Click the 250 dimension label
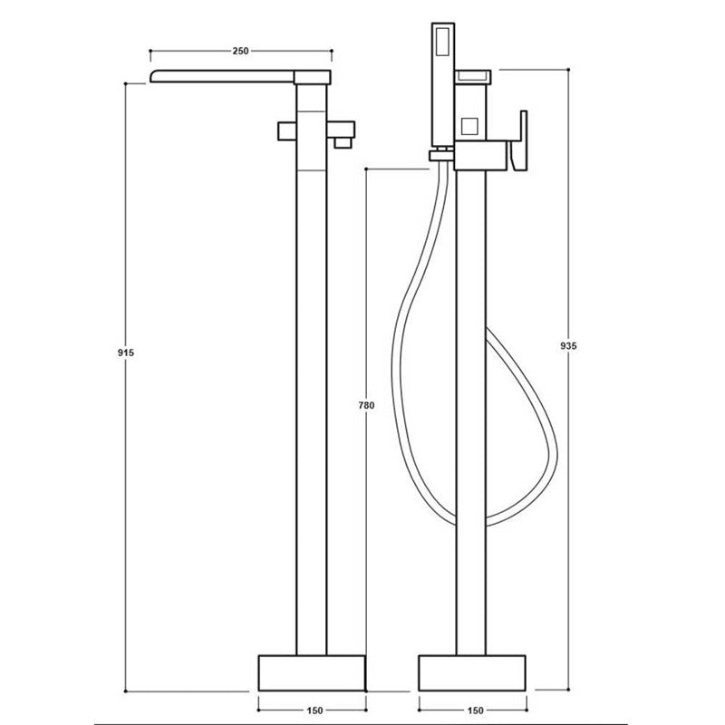[240, 52]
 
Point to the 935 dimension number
[568, 345]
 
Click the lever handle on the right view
[520, 141]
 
